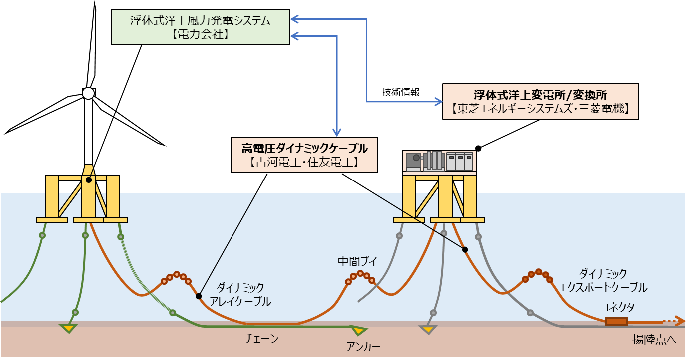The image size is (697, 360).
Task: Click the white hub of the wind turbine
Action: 88,93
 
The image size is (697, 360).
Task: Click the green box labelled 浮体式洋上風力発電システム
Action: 200,27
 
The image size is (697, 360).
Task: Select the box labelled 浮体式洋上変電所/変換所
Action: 540,101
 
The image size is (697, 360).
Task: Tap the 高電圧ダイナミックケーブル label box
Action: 304,155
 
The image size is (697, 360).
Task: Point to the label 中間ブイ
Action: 357,261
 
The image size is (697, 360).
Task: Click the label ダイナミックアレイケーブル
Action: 240,294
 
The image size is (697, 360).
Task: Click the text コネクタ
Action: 617,307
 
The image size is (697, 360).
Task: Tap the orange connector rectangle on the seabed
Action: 616,322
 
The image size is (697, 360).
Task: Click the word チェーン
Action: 261,339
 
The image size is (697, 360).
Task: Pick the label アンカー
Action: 363,346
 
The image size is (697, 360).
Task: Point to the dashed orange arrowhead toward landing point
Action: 679,321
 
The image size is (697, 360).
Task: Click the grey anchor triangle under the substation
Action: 428,330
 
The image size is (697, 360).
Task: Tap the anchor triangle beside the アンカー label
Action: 358,330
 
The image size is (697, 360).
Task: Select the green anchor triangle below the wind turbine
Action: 68,328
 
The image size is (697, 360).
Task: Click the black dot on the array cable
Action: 199,296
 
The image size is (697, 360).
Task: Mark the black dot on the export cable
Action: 465,249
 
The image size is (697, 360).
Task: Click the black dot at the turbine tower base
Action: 88,180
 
